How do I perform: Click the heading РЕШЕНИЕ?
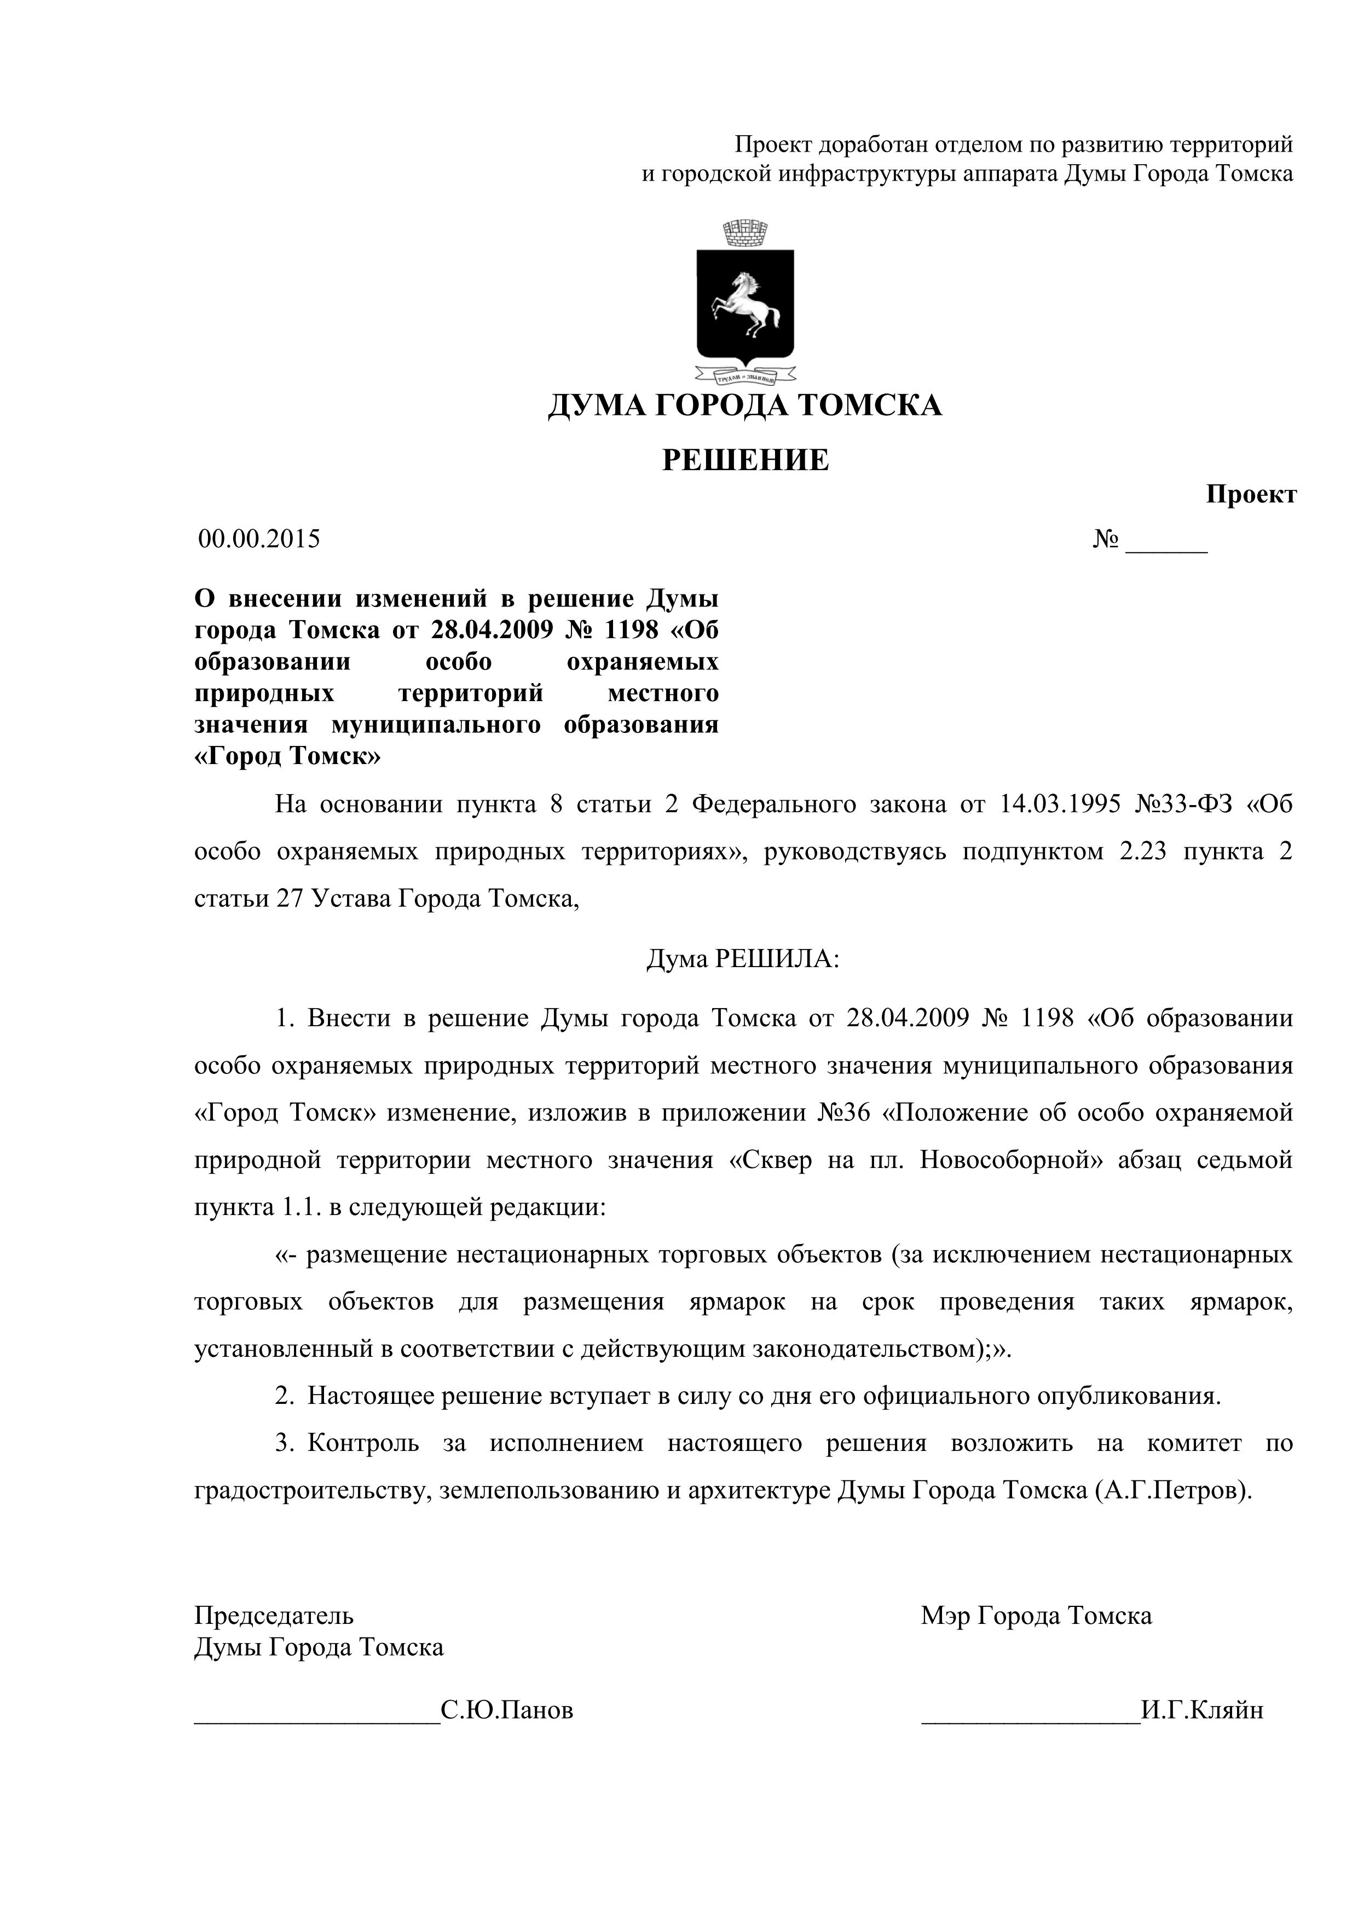point(745,460)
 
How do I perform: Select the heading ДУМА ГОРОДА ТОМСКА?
point(745,406)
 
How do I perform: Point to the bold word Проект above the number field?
point(1250,495)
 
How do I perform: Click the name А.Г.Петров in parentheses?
point(1171,1491)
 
